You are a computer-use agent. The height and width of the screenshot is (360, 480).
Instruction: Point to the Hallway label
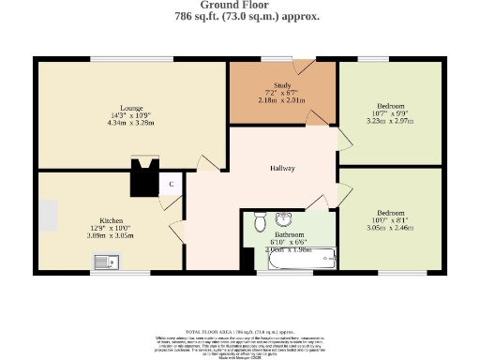click(x=282, y=169)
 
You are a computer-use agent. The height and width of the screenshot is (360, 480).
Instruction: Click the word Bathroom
click(x=290, y=234)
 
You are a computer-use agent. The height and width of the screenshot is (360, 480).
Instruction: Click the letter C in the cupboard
click(x=172, y=185)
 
